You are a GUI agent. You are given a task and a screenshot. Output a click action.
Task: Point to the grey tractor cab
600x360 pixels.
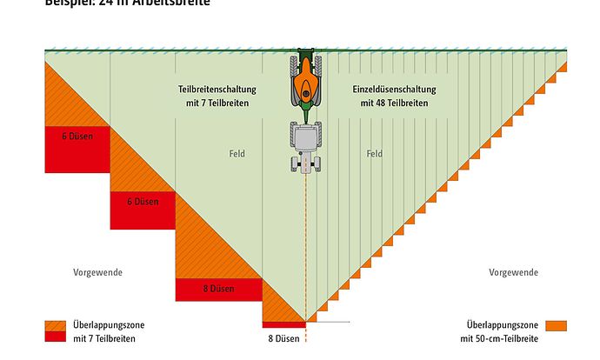(x=305, y=137)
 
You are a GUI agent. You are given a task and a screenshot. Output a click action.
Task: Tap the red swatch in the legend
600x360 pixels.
(x=55, y=338)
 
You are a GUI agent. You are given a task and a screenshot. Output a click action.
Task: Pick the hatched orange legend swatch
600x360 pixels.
(x=55, y=326)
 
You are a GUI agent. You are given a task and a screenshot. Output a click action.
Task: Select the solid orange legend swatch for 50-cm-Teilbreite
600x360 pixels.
(x=557, y=325)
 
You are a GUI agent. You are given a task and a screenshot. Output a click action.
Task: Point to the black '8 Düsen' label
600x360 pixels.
(x=283, y=337)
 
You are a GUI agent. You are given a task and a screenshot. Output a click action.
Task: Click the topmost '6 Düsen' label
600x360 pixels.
(x=77, y=137)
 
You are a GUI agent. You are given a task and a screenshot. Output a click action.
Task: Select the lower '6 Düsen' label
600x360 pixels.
(x=142, y=203)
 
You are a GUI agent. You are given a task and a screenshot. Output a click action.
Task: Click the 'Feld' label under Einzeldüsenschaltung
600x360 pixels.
(x=375, y=154)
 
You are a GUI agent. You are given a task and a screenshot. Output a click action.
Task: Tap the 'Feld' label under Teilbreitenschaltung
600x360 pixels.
(x=237, y=154)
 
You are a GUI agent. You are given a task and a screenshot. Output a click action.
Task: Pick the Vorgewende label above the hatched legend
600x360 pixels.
(x=97, y=272)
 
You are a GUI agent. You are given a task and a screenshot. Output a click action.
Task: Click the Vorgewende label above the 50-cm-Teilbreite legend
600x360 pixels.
(x=513, y=272)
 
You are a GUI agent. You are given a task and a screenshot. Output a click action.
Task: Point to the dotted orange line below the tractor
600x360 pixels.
(x=305, y=243)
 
